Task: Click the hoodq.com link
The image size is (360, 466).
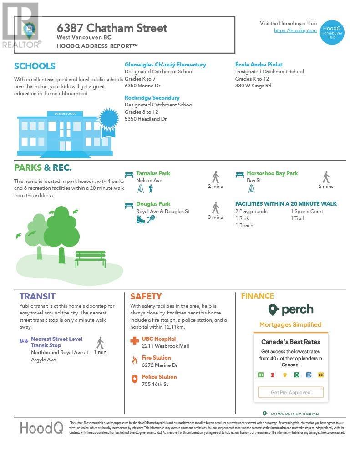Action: click(295, 30)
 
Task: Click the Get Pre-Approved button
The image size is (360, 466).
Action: click(290, 392)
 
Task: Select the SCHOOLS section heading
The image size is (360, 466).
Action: click(35, 66)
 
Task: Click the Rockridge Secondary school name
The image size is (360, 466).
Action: click(152, 98)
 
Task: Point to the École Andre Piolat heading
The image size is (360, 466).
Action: click(259, 65)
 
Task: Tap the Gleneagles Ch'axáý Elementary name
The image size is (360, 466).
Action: click(165, 65)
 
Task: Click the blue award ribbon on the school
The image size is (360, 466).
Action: click(108, 120)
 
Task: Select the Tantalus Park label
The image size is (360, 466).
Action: click(153, 173)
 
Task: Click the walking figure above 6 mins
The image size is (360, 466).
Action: click(326, 177)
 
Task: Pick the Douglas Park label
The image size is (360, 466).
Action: click(153, 204)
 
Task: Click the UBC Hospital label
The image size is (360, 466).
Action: click(158, 339)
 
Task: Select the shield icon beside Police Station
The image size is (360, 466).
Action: click(134, 379)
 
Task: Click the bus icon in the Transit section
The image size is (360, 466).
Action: click(24, 340)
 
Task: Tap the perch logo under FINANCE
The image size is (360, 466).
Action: click(290, 310)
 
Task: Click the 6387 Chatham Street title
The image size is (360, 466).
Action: click(112, 28)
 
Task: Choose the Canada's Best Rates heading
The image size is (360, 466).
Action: click(290, 342)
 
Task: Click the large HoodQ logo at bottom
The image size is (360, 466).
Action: click(41, 428)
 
